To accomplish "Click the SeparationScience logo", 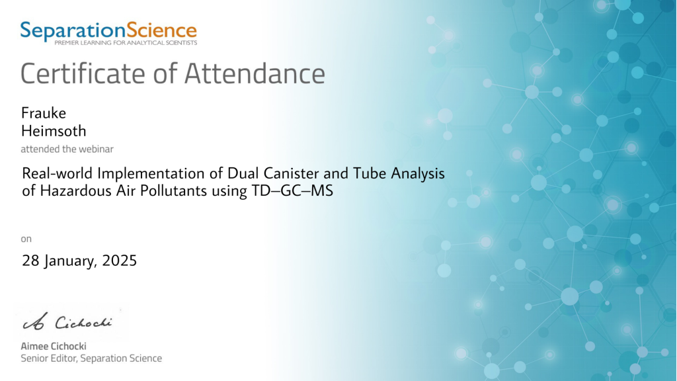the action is pyautogui.click(x=109, y=33).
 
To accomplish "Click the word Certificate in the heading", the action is pyautogui.click(x=83, y=73).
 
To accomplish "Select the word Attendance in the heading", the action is pyautogui.click(x=255, y=73).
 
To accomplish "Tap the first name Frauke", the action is pyautogui.click(x=44, y=113).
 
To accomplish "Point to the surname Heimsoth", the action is pyautogui.click(x=54, y=131).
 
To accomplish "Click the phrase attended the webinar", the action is pyautogui.click(x=67, y=149).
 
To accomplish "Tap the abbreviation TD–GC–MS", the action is pyautogui.click(x=292, y=190).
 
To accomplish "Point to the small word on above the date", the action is pyautogui.click(x=26, y=239).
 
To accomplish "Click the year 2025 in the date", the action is pyautogui.click(x=119, y=261).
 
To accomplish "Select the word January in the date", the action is pyautogui.click(x=70, y=261).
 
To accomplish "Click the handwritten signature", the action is pyautogui.click(x=67, y=322).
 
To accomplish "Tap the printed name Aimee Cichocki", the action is pyautogui.click(x=54, y=346).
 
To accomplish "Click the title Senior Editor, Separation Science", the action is pyautogui.click(x=91, y=358).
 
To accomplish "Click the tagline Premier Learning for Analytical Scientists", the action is pyautogui.click(x=126, y=43).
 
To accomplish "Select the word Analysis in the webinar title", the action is pyautogui.click(x=418, y=173).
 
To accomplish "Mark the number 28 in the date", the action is pyautogui.click(x=30, y=261).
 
